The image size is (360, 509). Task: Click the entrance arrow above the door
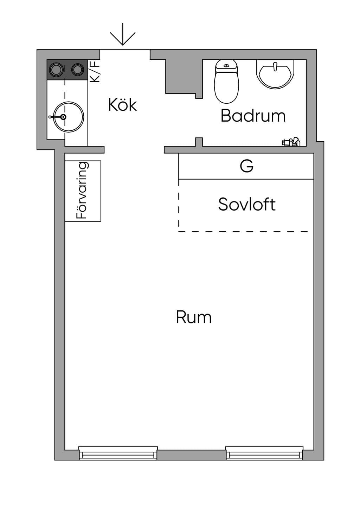(x=123, y=34)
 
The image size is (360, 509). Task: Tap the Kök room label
(x=122, y=105)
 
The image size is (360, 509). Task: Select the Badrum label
(x=253, y=116)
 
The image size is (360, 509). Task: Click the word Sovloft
(x=247, y=204)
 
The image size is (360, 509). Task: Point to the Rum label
(x=194, y=317)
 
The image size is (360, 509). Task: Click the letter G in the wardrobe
(x=246, y=166)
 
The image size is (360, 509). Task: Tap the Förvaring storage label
(x=82, y=190)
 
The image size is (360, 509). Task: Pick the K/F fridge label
(x=95, y=71)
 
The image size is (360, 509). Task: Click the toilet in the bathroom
(x=226, y=81)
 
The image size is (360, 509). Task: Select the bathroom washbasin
(x=275, y=74)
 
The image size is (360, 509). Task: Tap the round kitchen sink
(x=69, y=117)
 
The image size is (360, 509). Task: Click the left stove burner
(x=56, y=70)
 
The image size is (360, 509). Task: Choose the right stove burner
(x=77, y=70)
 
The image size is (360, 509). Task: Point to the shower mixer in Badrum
(x=291, y=142)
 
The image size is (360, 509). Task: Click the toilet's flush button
(x=227, y=66)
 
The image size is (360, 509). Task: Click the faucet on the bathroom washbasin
(x=275, y=66)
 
